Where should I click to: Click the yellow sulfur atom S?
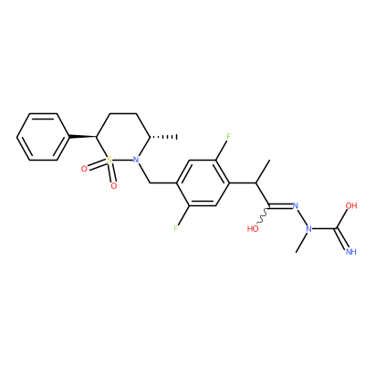point(109,159)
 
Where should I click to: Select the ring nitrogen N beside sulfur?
point(137,159)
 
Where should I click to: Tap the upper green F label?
point(229,136)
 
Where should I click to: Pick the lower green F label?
point(176,229)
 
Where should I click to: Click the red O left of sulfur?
point(85,169)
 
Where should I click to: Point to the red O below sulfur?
point(114,185)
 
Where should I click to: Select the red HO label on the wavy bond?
point(253,228)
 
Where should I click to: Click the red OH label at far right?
point(351,205)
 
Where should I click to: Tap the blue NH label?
point(351,252)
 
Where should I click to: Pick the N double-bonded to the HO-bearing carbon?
point(295,205)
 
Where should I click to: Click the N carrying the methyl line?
point(308,229)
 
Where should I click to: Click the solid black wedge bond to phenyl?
point(83,136)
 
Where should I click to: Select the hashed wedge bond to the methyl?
point(163,137)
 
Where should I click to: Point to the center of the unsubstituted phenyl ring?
point(43,137)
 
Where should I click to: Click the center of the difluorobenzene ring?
point(203,183)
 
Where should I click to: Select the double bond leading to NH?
point(342,239)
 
